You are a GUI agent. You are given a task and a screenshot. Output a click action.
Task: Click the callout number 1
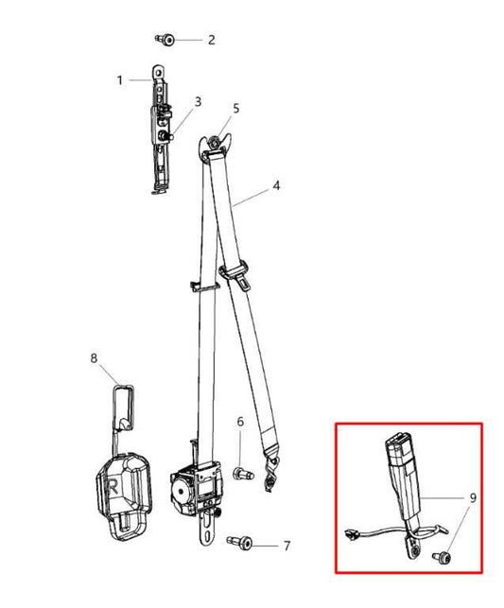point(120,80)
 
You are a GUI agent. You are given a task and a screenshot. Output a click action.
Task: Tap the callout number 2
point(211,40)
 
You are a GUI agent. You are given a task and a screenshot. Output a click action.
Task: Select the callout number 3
point(199,101)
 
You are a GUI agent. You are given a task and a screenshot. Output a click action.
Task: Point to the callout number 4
point(276,185)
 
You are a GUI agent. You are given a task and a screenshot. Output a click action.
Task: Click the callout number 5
point(236,109)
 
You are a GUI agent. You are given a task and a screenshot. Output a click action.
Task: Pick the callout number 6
point(240,422)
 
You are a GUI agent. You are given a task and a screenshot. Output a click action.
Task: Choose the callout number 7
point(287,546)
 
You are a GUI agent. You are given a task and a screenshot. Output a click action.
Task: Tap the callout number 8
point(94,358)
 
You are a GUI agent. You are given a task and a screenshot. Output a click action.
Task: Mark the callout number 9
point(473,498)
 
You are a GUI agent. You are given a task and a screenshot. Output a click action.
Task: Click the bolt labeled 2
point(165,39)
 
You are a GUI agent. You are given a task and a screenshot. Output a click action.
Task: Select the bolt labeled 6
point(243,474)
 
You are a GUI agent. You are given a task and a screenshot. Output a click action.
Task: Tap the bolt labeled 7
point(239,542)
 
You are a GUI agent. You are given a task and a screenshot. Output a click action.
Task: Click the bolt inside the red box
point(442,558)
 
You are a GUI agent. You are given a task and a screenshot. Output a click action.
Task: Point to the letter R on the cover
point(113,487)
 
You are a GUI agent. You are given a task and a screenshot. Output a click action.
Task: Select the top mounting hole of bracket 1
point(157,73)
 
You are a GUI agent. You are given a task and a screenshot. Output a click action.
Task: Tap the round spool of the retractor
point(181,492)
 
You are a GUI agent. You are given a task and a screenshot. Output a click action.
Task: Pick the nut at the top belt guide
point(214,143)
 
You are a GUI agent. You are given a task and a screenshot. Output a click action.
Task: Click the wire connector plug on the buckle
point(350,534)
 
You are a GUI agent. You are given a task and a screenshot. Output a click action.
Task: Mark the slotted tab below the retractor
point(207,532)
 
